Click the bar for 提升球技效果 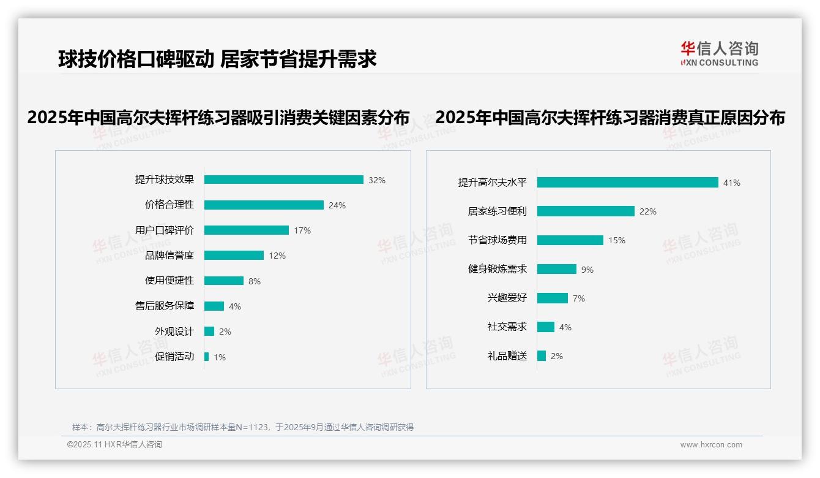(283, 180)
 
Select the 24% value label (337, 205)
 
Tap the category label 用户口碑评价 (165, 230)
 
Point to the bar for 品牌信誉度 (234, 256)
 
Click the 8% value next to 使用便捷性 (255, 281)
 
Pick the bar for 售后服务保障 (214, 306)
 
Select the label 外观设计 (174, 332)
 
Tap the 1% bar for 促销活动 (207, 357)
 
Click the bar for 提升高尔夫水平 (627, 183)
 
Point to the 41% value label (732, 183)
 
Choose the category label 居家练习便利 (498, 211)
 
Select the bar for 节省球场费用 (570, 240)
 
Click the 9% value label (587, 270)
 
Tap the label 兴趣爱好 (507, 298)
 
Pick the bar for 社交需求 (546, 327)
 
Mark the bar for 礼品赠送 (542, 356)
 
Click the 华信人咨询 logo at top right (719, 53)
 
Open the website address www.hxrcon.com (711, 445)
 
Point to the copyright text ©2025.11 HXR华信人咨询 (114, 445)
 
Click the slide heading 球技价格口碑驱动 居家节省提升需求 (217, 59)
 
